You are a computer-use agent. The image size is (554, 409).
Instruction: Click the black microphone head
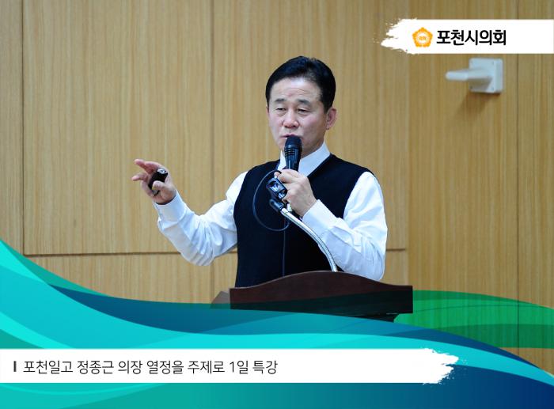[x=293, y=148]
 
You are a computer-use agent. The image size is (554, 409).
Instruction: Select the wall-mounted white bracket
[x=477, y=75]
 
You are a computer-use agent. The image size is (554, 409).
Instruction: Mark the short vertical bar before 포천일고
[x=16, y=368]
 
